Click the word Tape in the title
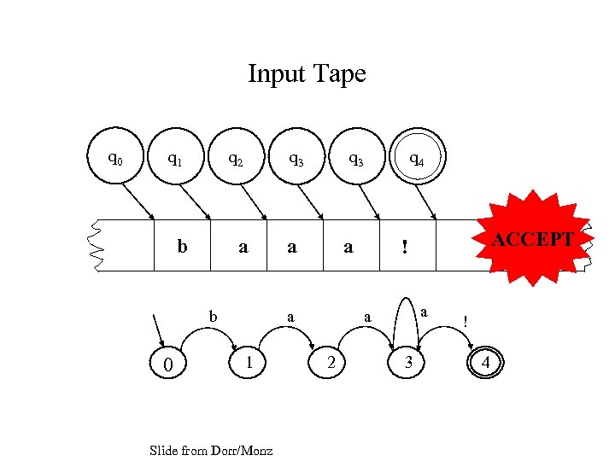[340, 74]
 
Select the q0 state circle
[114, 158]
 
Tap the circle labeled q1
[175, 158]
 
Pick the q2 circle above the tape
[235, 158]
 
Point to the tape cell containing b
[182, 247]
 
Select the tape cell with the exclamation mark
[407, 247]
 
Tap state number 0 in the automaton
[169, 365]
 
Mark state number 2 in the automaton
[331, 363]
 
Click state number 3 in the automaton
[409, 363]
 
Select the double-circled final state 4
[486, 363]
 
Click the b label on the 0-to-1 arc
[214, 316]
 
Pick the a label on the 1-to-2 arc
[291, 317]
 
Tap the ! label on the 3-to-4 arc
[465, 321]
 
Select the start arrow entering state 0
[159, 329]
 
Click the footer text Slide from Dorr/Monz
[210, 450]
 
